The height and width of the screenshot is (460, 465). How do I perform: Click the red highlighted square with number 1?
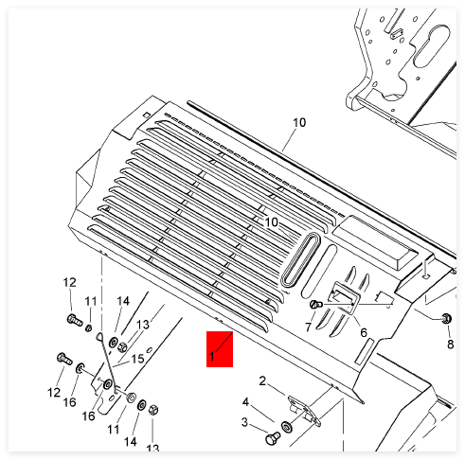pyautogui.click(x=220, y=349)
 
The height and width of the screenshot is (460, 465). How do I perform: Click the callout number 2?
pyautogui.click(x=262, y=381)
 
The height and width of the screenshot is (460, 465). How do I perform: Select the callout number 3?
pyautogui.click(x=244, y=422)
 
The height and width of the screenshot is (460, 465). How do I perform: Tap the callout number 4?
pyautogui.click(x=245, y=401)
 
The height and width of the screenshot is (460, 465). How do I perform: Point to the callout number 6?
pyautogui.click(x=364, y=332)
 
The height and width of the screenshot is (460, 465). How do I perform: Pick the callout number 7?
pyautogui.click(x=309, y=327)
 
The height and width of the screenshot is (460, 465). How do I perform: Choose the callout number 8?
pyautogui.click(x=451, y=345)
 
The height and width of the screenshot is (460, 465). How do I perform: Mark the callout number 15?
pyautogui.click(x=137, y=359)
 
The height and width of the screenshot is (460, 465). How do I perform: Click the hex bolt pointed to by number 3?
pyautogui.click(x=273, y=438)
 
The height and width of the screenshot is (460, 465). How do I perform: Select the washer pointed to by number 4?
pyautogui.click(x=287, y=427)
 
